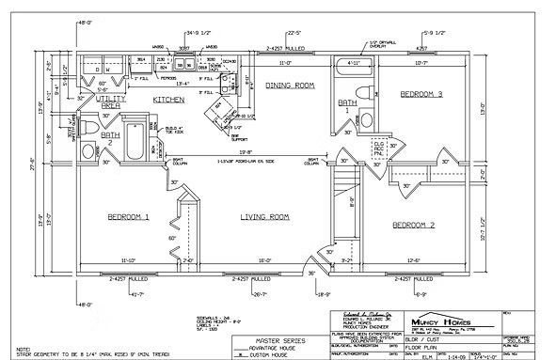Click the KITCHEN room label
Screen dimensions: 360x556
point(169,99)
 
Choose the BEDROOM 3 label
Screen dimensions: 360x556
point(422,95)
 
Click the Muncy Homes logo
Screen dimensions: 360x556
point(440,317)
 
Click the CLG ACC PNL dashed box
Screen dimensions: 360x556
point(379,148)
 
